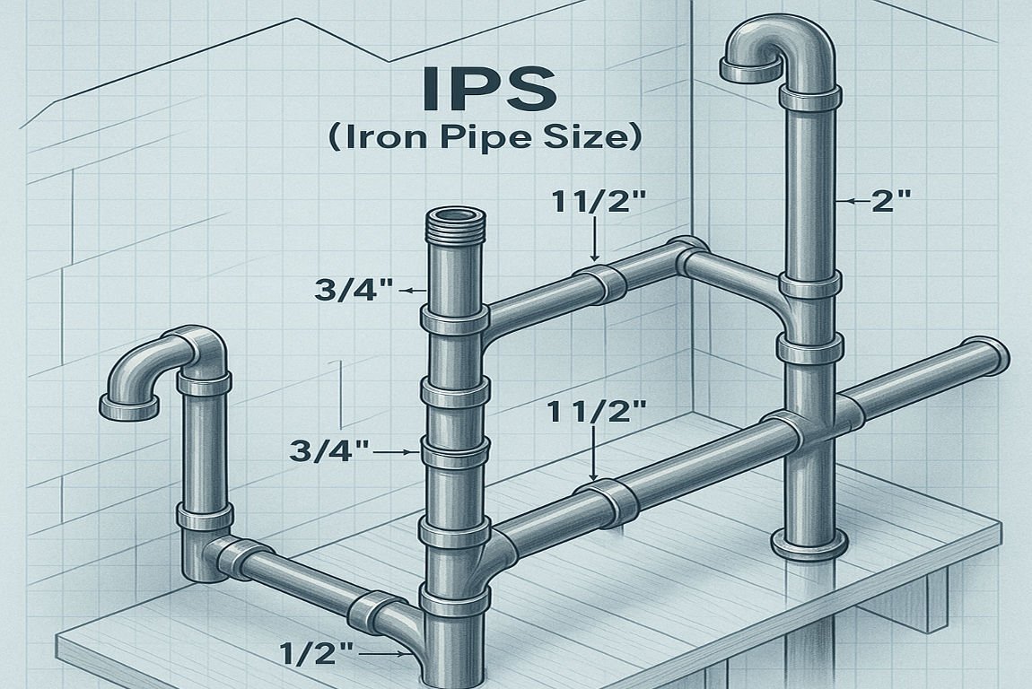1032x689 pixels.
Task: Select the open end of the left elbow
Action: [x=129, y=409]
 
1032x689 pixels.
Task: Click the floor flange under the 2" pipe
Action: [x=809, y=545]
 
